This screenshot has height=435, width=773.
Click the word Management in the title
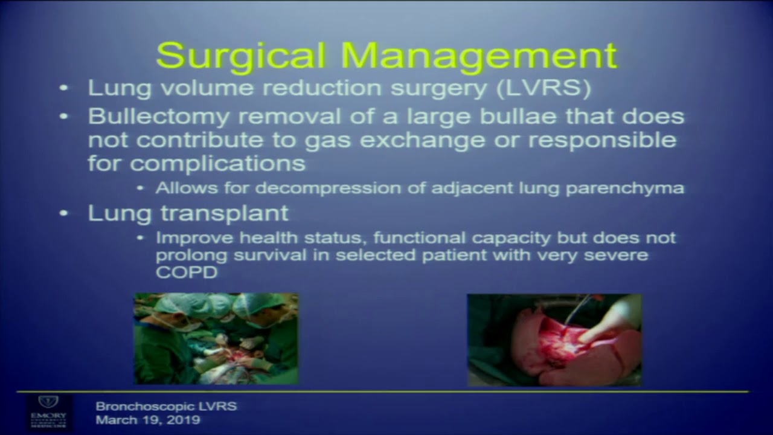[x=479, y=56]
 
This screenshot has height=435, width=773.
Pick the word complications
[x=217, y=163]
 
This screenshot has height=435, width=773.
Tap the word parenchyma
[x=625, y=188]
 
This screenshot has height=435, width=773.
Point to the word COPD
[x=186, y=272]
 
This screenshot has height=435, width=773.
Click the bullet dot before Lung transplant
[x=64, y=213]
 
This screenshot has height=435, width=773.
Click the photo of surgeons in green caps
[x=216, y=338]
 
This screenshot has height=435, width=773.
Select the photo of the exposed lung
[x=554, y=340]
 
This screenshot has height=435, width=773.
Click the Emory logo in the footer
[x=48, y=411]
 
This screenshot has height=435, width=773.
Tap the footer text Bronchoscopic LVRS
[x=166, y=406]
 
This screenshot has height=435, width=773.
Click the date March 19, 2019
[x=148, y=420]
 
